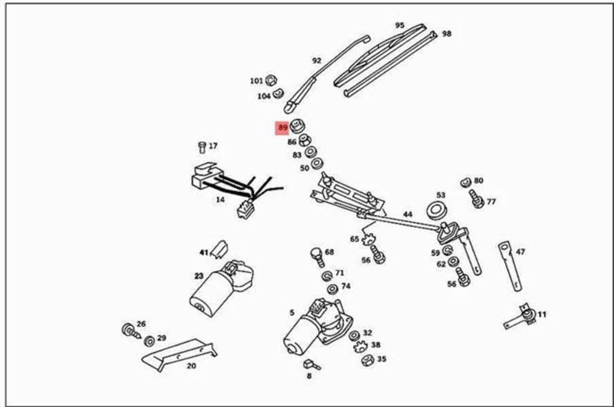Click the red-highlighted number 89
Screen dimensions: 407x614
pyautogui.click(x=282, y=128)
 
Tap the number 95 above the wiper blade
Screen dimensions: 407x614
pyautogui.click(x=400, y=26)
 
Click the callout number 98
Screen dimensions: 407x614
pyautogui.click(x=446, y=33)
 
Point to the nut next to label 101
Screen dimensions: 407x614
pyautogui.click(x=271, y=80)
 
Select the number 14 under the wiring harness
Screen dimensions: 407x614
pyautogui.click(x=220, y=200)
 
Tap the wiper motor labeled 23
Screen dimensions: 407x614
pyautogui.click(x=221, y=288)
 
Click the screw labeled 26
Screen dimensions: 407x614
pyautogui.click(x=130, y=331)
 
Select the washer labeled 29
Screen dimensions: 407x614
pyautogui.click(x=149, y=340)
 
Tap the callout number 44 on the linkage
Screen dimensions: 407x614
pyautogui.click(x=407, y=214)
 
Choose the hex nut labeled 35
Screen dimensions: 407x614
pyautogui.click(x=367, y=360)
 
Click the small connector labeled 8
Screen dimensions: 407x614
pyautogui.click(x=311, y=365)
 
